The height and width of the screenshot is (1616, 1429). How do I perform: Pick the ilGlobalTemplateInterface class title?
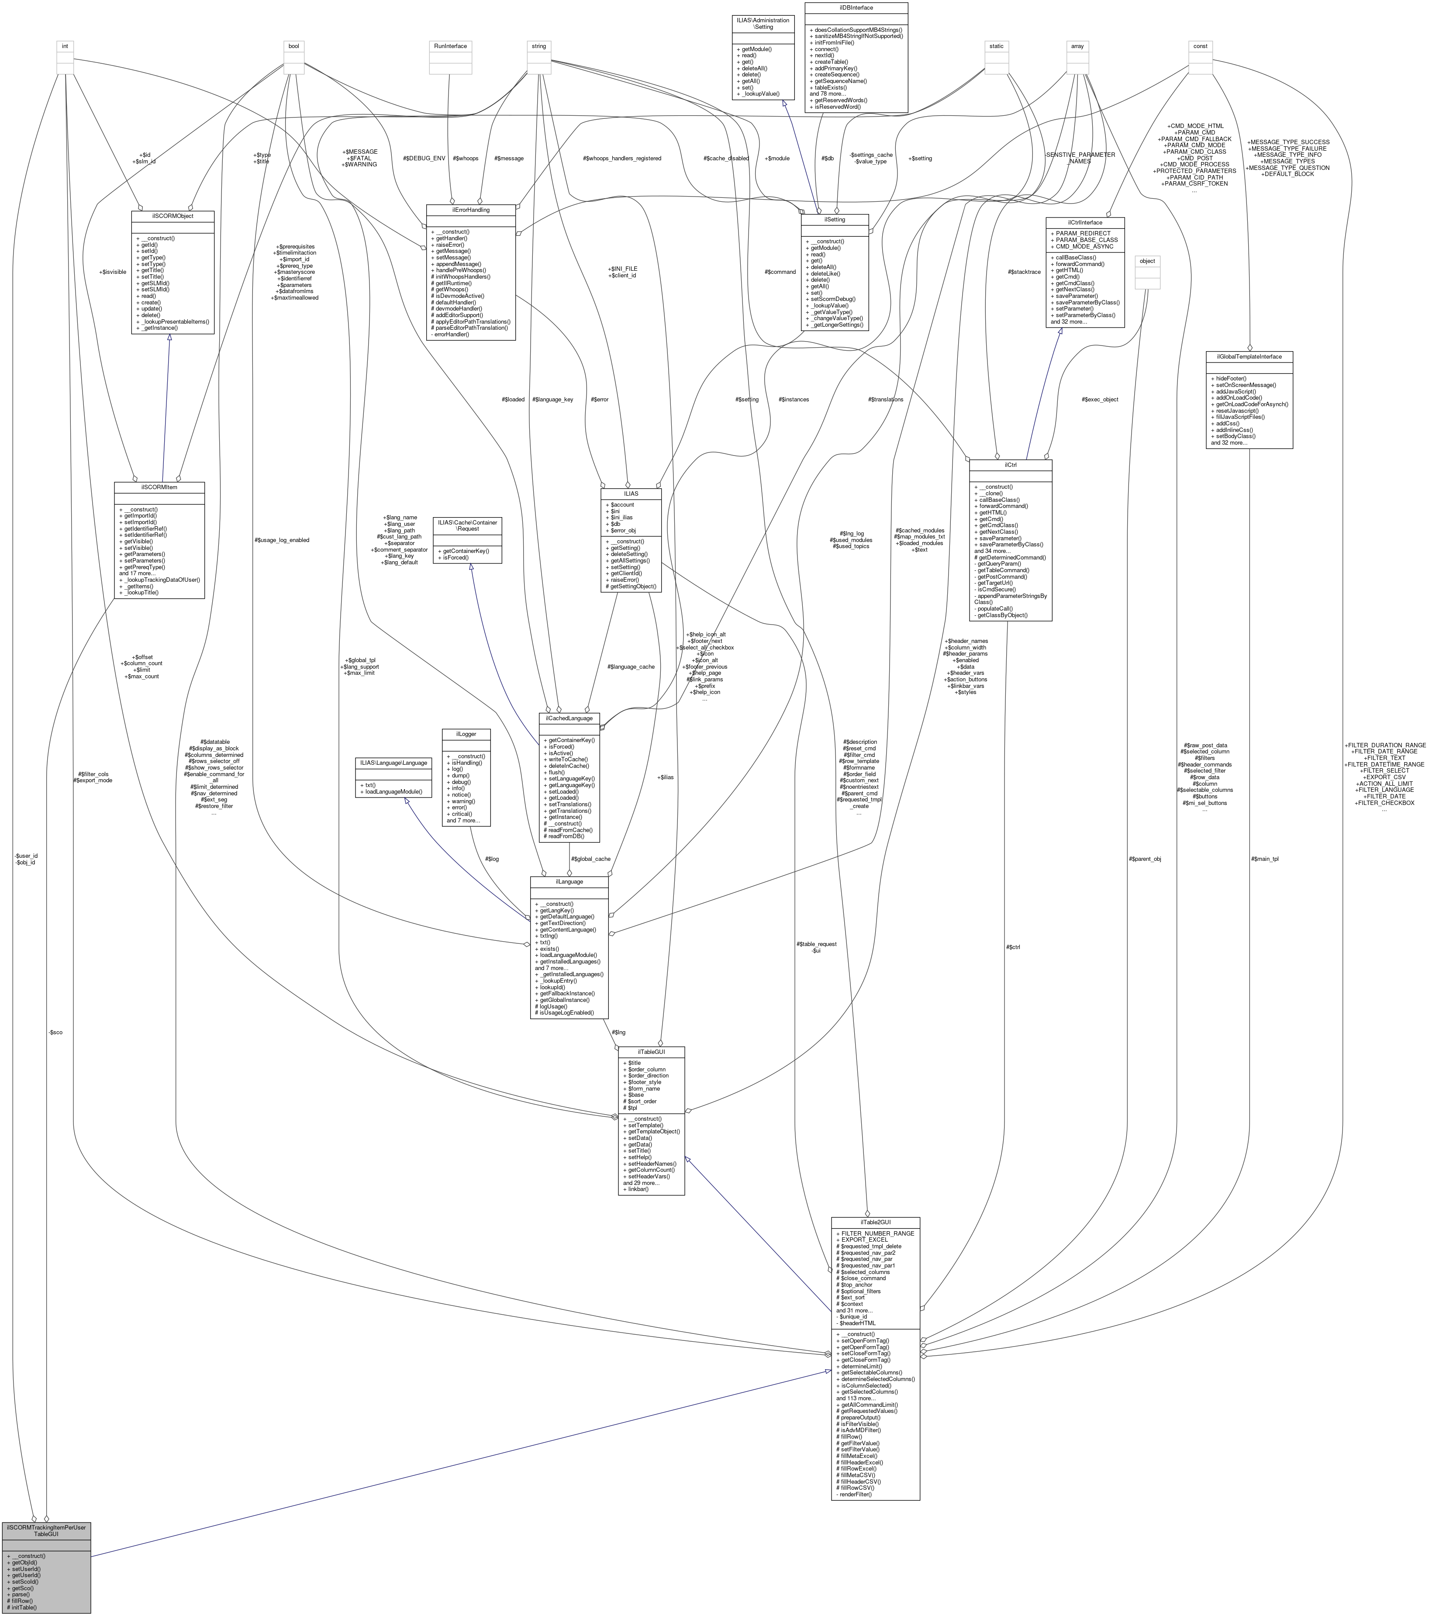click(1249, 356)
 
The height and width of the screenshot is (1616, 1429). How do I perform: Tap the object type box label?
click(1147, 261)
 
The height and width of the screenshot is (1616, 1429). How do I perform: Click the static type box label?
click(996, 46)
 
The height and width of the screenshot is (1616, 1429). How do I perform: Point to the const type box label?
click(1200, 46)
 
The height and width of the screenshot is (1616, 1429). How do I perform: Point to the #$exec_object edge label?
click(1099, 399)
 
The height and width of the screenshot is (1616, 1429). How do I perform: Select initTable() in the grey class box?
click(24, 1607)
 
